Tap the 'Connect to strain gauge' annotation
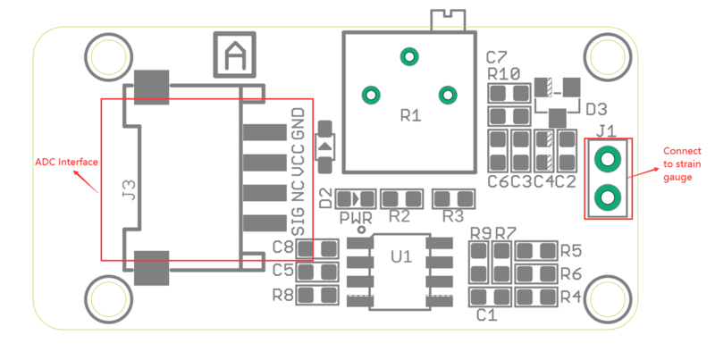681,164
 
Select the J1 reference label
607,131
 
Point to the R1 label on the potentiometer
410,115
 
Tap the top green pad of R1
409,56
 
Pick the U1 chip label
401,257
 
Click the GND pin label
299,125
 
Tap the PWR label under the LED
356,217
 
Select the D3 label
597,109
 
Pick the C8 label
283,247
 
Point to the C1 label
486,314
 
